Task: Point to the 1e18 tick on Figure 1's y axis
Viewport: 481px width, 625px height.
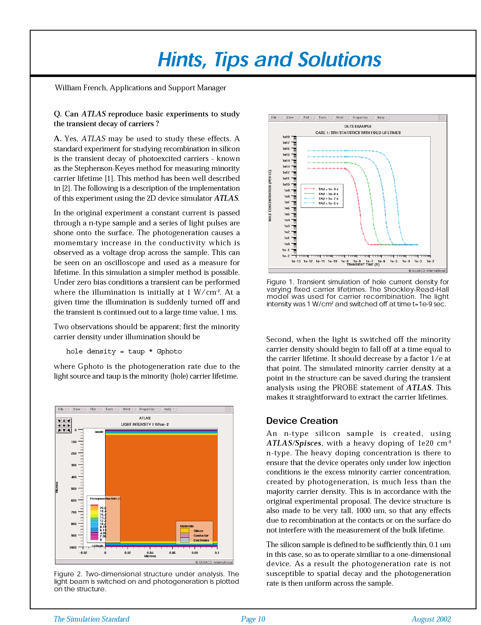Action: (286, 137)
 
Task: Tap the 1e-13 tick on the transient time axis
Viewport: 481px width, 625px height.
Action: (296, 261)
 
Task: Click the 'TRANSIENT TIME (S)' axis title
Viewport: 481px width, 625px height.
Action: (363, 264)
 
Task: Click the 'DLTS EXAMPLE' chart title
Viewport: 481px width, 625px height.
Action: (358, 127)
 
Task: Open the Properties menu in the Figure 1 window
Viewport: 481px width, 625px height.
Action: (360, 118)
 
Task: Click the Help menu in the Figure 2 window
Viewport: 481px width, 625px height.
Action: (168, 409)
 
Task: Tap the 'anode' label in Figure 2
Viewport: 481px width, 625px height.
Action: (99, 432)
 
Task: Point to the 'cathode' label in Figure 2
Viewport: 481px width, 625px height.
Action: (98, 546)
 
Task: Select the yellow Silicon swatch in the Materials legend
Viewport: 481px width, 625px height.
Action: (185, 531)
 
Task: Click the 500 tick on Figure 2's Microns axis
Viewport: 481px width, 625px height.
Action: (74, 489)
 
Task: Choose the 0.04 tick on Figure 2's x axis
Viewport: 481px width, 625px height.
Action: (150, 553)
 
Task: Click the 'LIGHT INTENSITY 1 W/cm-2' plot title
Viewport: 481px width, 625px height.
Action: (145, 424)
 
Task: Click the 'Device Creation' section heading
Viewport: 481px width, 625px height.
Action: (302, 421)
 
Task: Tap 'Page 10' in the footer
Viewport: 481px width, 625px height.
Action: (253, 619)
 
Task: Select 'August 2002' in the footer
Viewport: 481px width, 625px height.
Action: (431, 619)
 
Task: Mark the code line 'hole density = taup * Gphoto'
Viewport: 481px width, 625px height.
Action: (124, 351)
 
